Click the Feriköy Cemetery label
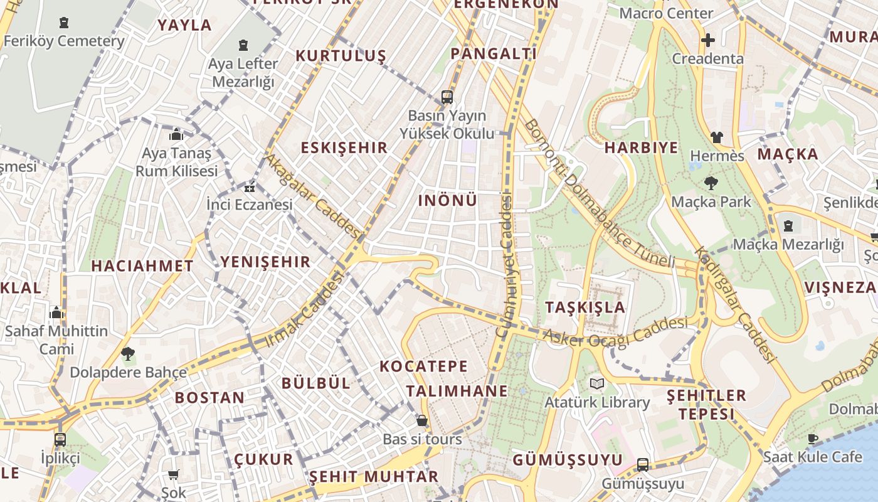tap(63, 41)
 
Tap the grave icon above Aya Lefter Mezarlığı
tap(243, 45)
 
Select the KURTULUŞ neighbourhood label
tap(341, 56)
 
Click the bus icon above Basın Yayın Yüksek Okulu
tap(447, 97)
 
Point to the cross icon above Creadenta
tap(708, 41)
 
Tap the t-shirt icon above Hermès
tap(717, 137)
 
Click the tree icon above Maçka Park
tap(711, 183)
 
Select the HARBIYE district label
tap(641, 148)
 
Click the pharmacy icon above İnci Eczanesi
tap(250, 187)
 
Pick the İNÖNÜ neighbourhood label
tap(447, 201)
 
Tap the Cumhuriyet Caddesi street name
tap(506, 265)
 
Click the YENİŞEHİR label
tap(265, 262)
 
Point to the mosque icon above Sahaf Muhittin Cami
tap(56, 312)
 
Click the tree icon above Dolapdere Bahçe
tap(128, 354)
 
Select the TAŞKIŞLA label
tap(585, 307)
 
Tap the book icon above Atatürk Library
tap(596, 383)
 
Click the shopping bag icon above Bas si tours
tap(422, 420)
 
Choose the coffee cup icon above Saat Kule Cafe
tap(813, 439)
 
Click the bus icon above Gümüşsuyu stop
tap(643, 465)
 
